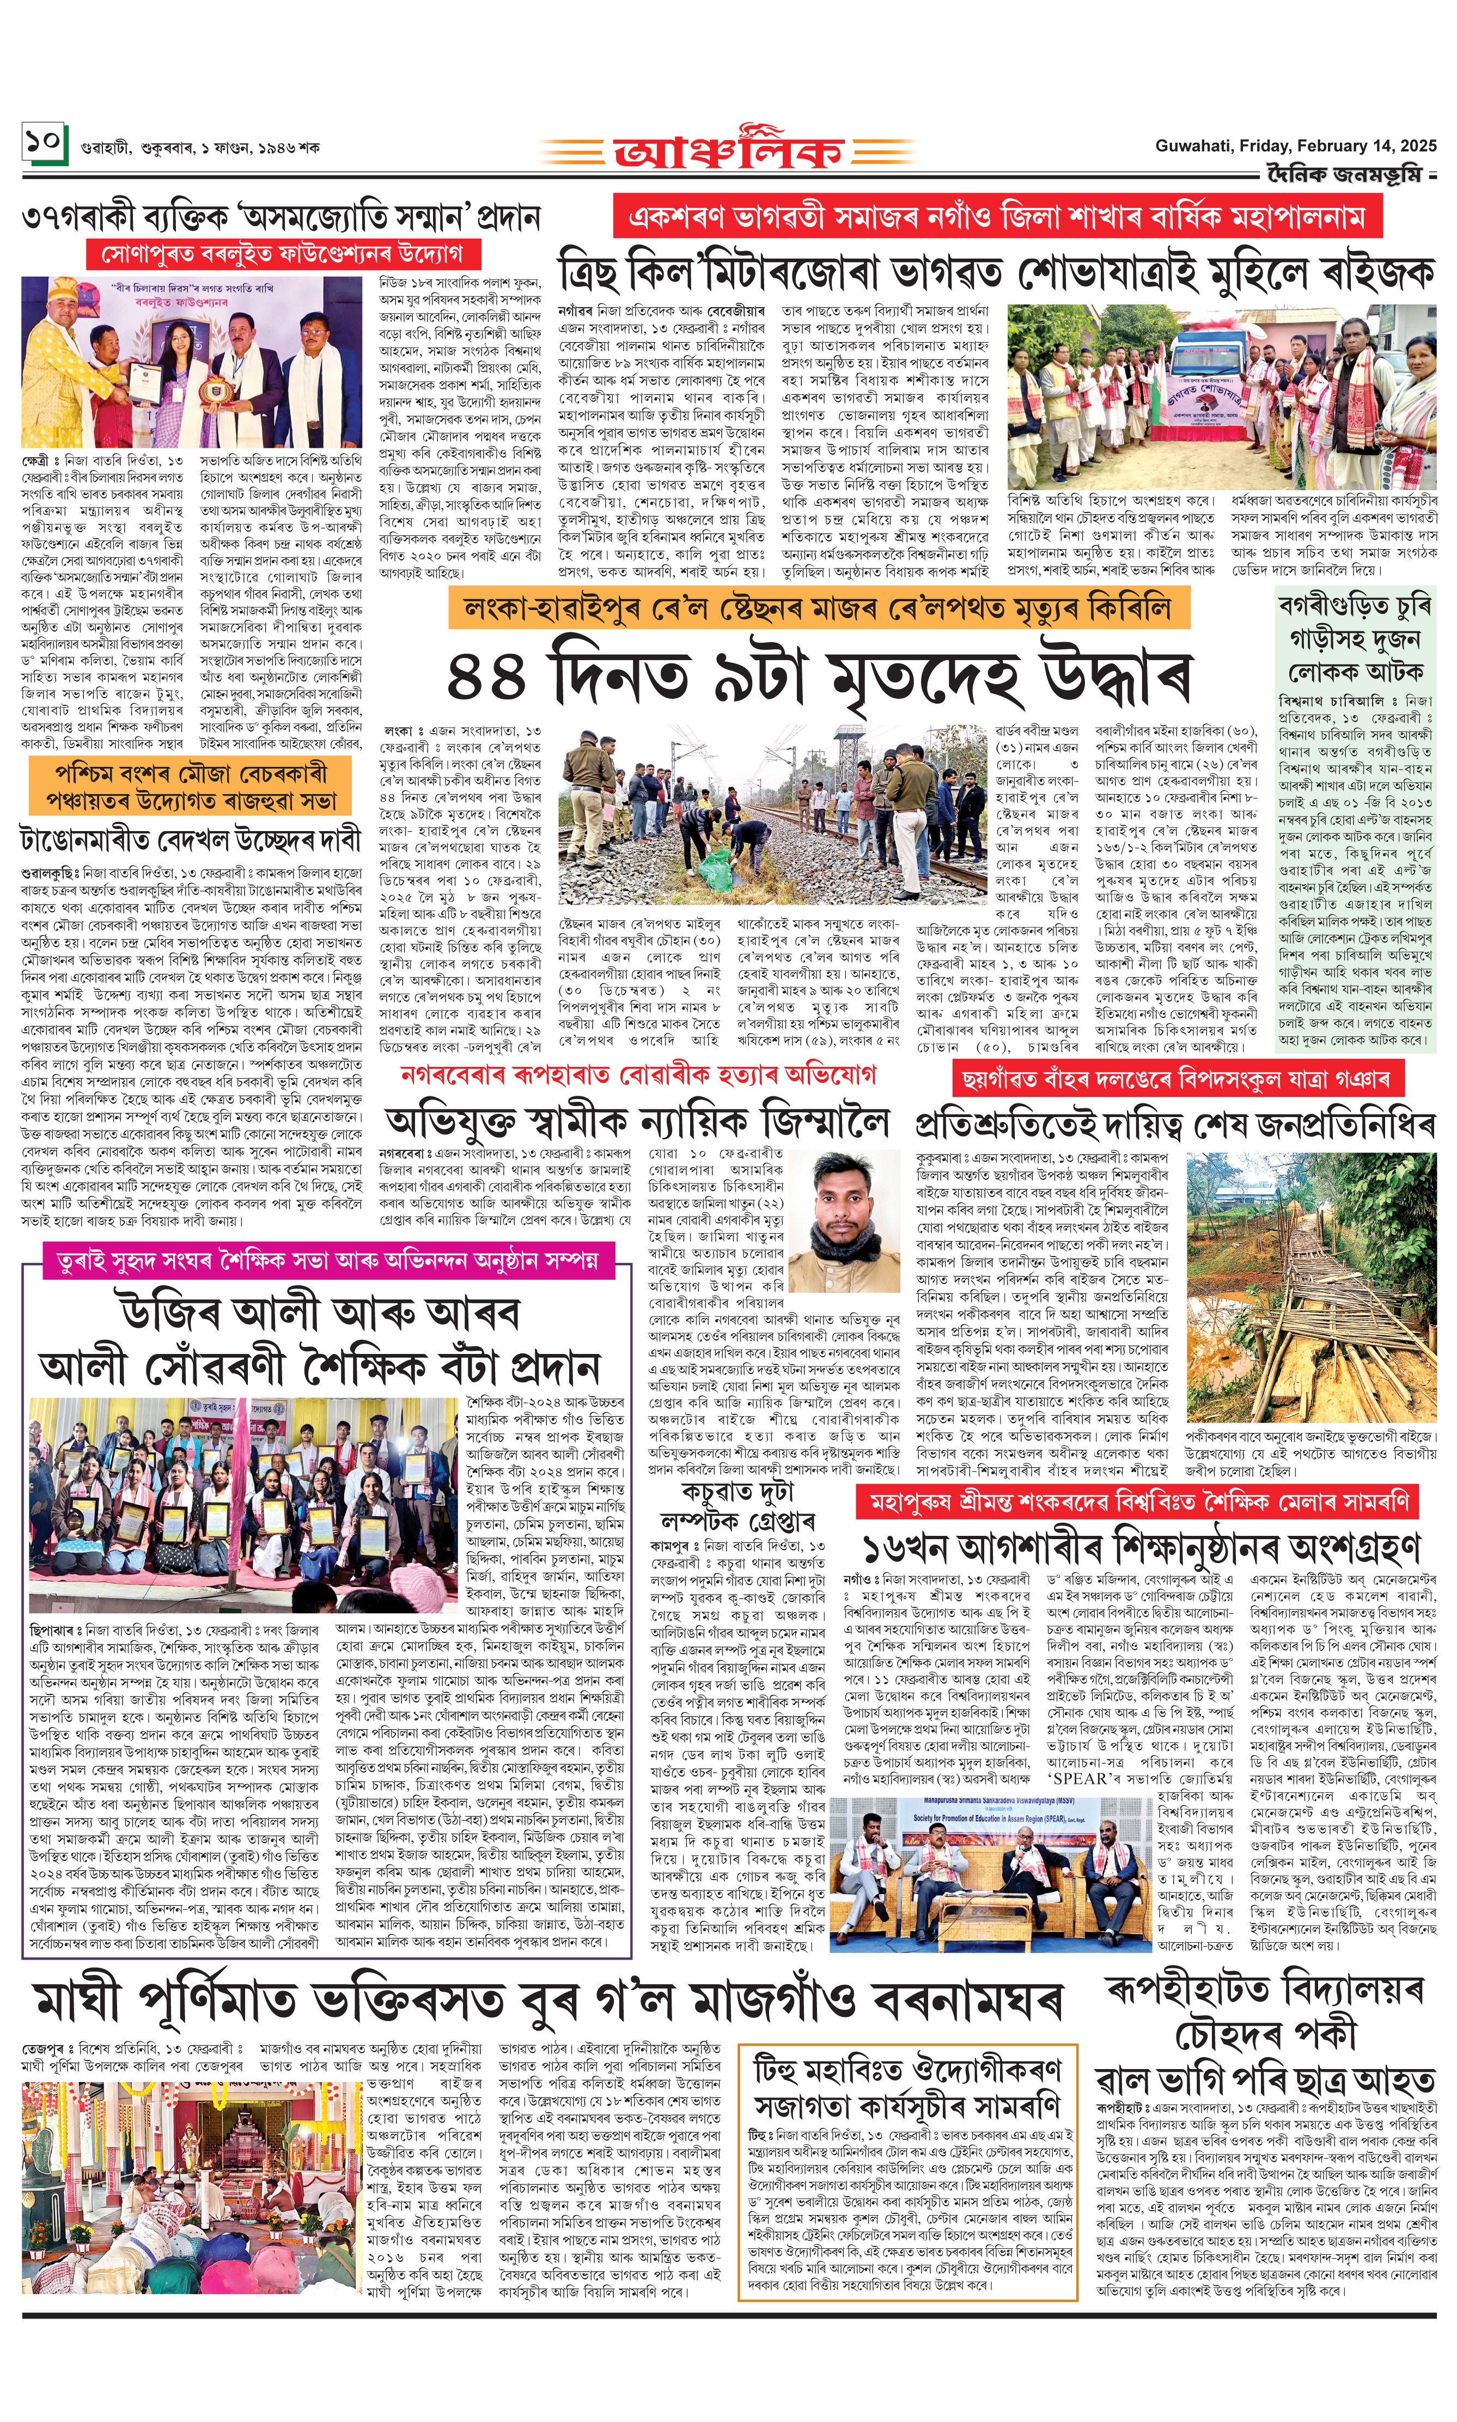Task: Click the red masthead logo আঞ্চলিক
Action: tap(729, 149)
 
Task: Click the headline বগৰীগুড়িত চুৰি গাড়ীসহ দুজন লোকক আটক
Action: tap(1355, 639)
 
